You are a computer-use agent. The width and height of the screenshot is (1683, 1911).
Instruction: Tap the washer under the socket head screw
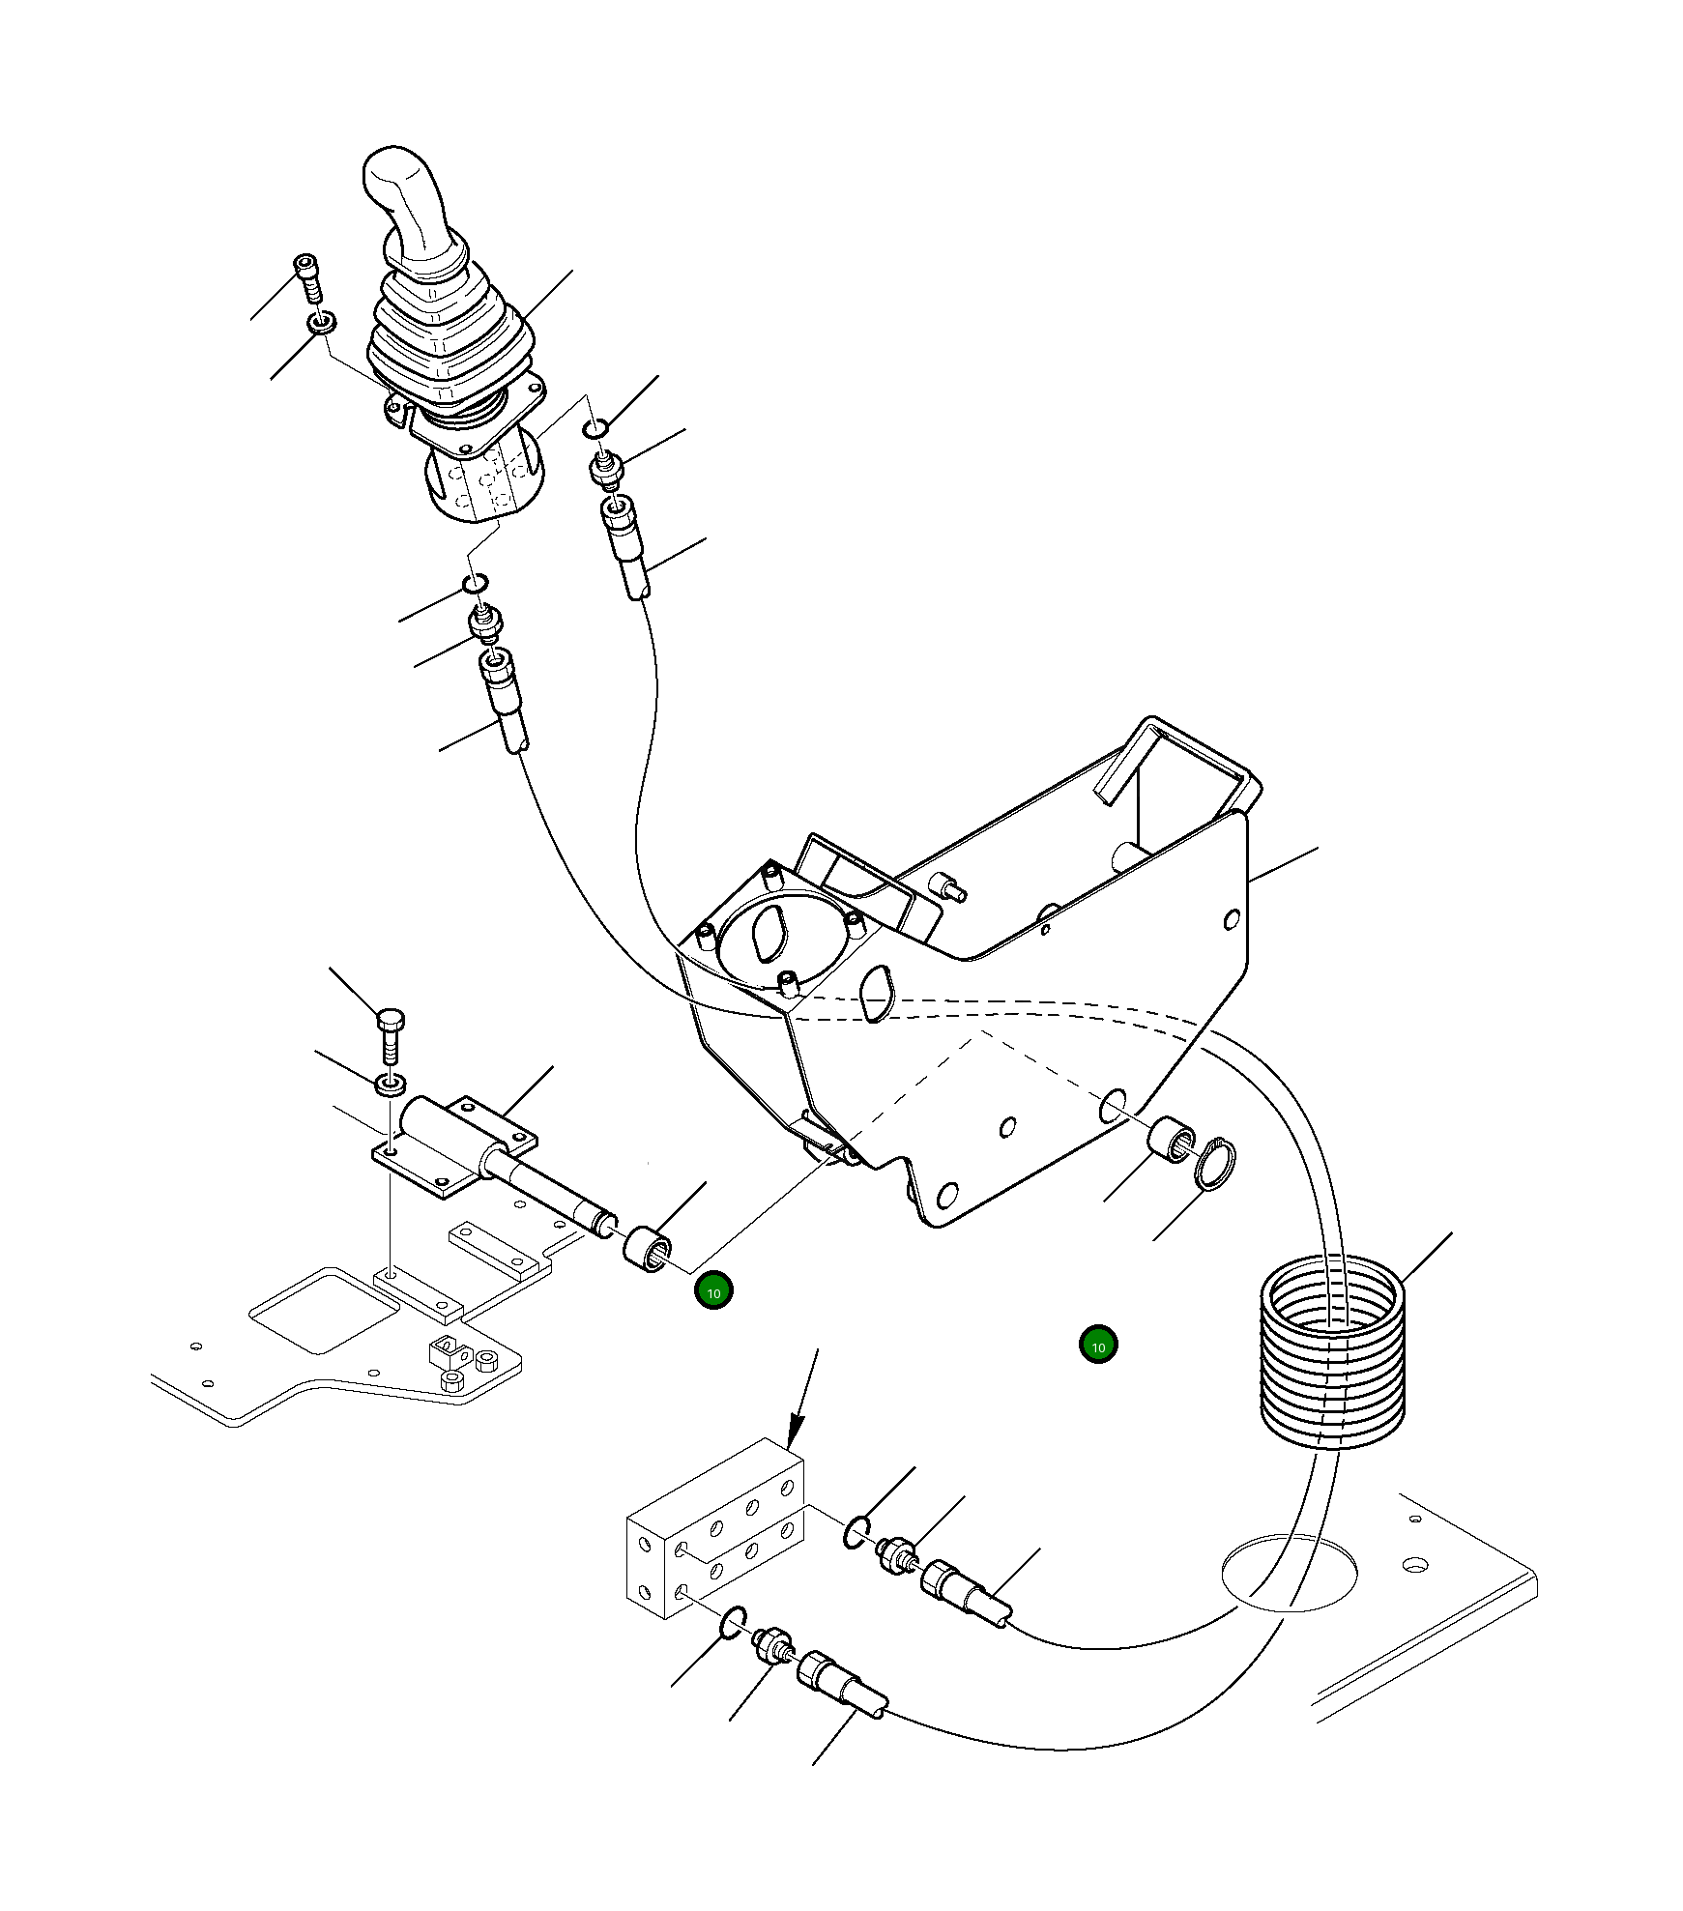[x=322, y=322]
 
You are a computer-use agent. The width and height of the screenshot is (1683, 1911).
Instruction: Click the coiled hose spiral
[x=1332, y=1353]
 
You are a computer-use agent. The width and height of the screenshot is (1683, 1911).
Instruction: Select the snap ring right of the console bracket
[x=1214, y=1165]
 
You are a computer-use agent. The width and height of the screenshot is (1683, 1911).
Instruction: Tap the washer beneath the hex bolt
[x=390, y=1084]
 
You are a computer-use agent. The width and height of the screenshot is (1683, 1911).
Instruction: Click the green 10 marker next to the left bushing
[x=714, y=1292]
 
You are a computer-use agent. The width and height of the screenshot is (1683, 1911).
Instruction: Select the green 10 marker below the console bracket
[x=1098, y=1345]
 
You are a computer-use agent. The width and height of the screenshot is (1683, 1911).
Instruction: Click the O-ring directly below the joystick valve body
[x=475, y=583]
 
